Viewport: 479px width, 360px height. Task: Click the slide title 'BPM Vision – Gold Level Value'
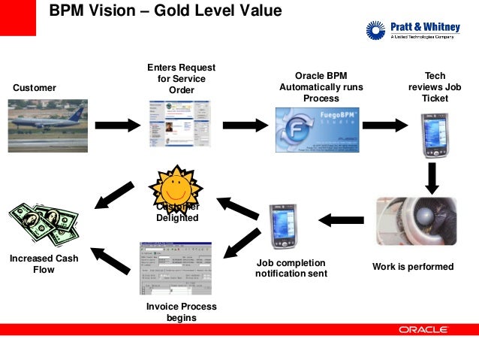click(x=165, y=11)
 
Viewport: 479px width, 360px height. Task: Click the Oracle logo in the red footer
click(x=423, y=329)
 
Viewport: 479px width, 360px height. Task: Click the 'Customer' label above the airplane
click(x=35, y=88)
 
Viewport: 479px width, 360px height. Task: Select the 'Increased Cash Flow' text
click(x=44, y=264)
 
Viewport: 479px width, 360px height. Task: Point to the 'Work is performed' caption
click(x=413, y=267)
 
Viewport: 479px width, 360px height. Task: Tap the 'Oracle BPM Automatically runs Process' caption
click(x=321, y=87)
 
